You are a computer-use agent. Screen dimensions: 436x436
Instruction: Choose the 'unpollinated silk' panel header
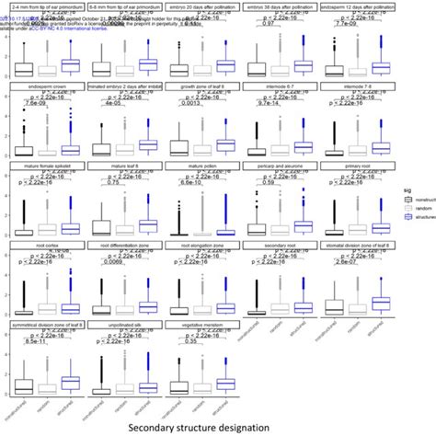[x=122, y=326]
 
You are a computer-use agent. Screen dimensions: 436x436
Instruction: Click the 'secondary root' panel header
[x=281, y=247]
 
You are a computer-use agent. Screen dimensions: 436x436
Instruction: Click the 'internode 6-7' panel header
[x=281, y=87]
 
